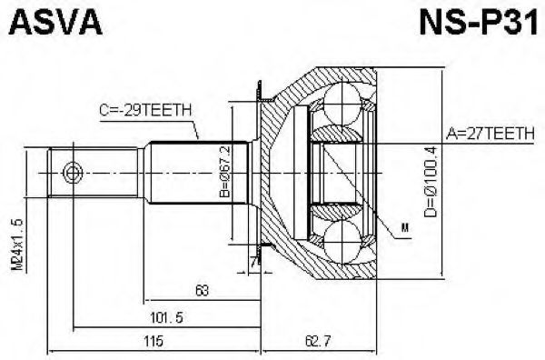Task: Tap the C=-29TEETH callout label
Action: point(145,111)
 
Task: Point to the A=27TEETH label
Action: point(490,134)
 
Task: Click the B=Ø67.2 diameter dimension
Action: point(226,172)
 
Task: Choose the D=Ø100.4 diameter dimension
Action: point(431,182)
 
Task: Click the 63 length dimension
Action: point(202,290)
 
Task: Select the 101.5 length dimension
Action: point(166,317)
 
